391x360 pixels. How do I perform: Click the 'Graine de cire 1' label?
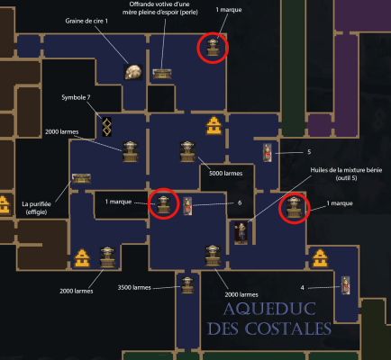tap(86, 21)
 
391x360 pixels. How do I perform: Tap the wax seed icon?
tap(133, 72)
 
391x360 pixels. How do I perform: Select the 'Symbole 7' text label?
tap(76, 97)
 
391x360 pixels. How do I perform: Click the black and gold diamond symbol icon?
tap(107, 127)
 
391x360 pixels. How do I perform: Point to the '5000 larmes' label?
tap(225, 174)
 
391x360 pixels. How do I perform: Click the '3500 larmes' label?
tap(134, 287)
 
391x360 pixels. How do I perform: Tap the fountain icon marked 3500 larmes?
tap(187, 285)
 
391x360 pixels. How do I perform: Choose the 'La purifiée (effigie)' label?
tap(36, 208)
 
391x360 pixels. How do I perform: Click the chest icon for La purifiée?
tap(81, 178)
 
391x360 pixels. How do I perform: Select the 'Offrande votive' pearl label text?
tap(160, 8)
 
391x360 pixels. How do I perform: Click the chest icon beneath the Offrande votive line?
tap(162, 74)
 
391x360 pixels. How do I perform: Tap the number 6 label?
tap(240, 202)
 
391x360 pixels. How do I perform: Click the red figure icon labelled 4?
tap(346, 285)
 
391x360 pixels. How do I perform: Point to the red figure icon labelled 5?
tap(268, 153)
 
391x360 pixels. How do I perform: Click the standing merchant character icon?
tap(241, 233)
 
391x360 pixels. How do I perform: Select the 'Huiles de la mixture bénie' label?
tap(346, 174)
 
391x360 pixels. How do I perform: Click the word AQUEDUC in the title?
tap(269, 310)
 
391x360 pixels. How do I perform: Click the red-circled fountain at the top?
tap(213, 48)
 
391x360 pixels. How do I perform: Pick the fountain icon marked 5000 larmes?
tap(187, 152)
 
